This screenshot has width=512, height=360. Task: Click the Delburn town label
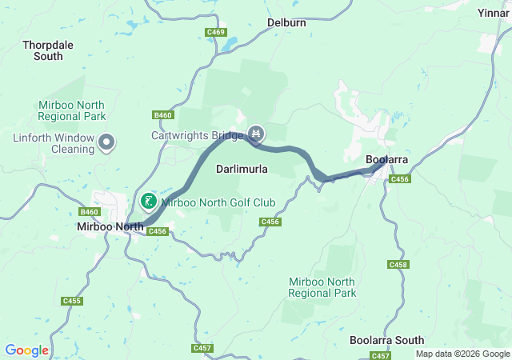point(286,22)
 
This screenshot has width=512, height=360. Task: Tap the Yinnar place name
point(493,14)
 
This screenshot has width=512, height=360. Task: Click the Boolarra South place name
point(387,340)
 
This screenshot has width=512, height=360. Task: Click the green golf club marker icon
point(149,201)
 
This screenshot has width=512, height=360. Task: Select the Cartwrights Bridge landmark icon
point(256,133)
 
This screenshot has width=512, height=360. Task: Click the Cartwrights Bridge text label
point(198,135)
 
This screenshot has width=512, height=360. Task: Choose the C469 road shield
point(215,32)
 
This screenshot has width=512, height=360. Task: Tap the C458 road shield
point(398,265)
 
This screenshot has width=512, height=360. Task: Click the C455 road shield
point(72,301)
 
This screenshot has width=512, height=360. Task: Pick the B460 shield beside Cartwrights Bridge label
point(163,115)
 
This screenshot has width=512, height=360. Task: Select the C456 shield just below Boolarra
point(400,180)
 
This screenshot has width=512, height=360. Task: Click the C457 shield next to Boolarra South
point(380,355)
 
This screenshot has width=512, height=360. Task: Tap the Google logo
point(26,350)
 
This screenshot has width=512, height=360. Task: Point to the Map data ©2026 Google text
point(462,354)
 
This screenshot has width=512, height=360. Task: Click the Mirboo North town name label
point(110,227)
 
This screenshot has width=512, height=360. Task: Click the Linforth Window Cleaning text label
point(53,143)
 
